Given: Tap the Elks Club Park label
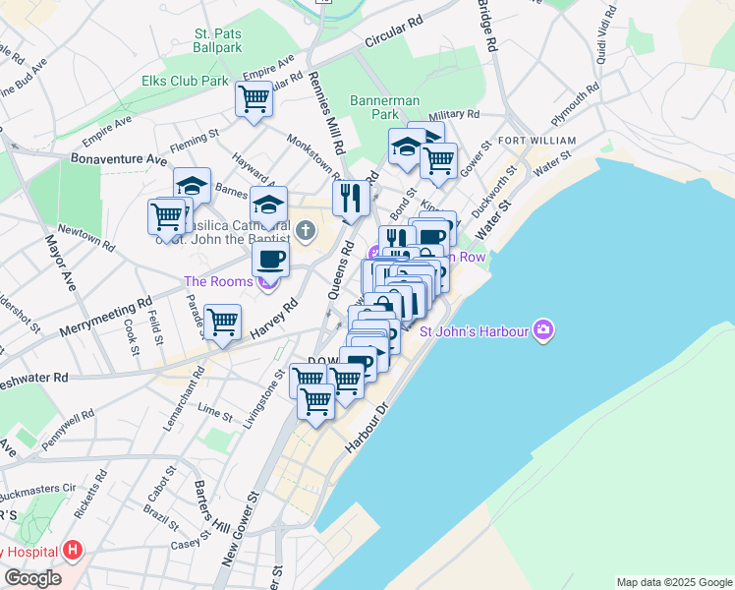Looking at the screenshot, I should [x=185, y=81].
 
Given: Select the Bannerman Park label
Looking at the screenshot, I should [x=385, y=107].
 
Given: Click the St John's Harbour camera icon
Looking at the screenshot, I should [x=542, y=330].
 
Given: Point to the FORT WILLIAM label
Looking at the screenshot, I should [x=537, y=141].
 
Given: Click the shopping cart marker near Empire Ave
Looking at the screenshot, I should [x=254, y=98].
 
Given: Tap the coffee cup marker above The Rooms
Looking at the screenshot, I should [x=270, y=260].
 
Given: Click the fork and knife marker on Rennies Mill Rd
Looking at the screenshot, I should [x=350, y=199].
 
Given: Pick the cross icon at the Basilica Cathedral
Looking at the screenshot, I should [x=306, y=231].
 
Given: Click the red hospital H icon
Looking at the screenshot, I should [x=72, y=552].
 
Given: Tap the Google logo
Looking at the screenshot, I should [x=32, y=578].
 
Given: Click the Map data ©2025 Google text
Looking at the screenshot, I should [x=674, y=582].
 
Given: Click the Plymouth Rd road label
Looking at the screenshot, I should [x=575, y=104].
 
